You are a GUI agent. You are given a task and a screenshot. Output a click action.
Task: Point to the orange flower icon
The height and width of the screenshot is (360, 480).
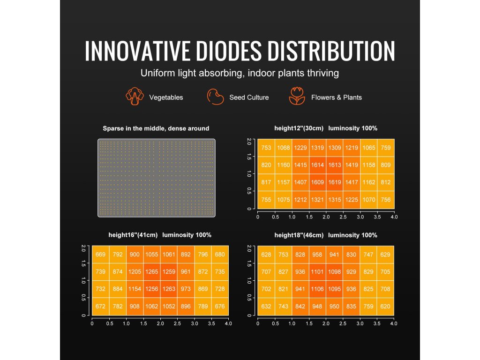297,96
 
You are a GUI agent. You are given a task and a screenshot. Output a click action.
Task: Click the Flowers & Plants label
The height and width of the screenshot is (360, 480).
336,97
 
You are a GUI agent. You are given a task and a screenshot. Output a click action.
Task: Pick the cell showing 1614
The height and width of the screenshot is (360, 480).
317,165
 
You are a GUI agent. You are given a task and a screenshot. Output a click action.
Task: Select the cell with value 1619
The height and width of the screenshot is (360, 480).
335,182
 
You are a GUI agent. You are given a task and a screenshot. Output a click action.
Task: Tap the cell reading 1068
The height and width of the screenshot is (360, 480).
283,148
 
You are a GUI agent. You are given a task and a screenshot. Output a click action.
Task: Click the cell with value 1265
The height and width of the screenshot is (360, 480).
152,271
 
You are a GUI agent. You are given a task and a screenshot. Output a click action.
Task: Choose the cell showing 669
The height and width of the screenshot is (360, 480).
100,255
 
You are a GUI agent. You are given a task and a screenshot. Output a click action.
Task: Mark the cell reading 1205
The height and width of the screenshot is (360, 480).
135,271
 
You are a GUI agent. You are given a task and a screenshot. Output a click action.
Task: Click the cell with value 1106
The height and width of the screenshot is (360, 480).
317,289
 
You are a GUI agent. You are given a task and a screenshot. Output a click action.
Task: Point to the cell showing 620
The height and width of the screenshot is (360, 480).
386,307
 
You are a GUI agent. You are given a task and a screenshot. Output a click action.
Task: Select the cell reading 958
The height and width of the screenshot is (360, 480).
317,255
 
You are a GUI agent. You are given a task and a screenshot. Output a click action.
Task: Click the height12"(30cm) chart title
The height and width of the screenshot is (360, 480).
299,128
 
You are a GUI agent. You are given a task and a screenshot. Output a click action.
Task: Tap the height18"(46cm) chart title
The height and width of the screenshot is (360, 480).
299,235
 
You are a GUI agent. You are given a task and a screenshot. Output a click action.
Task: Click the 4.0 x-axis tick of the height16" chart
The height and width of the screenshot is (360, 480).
228,323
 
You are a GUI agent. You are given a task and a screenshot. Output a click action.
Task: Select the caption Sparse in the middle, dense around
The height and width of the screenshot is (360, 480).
156,128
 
